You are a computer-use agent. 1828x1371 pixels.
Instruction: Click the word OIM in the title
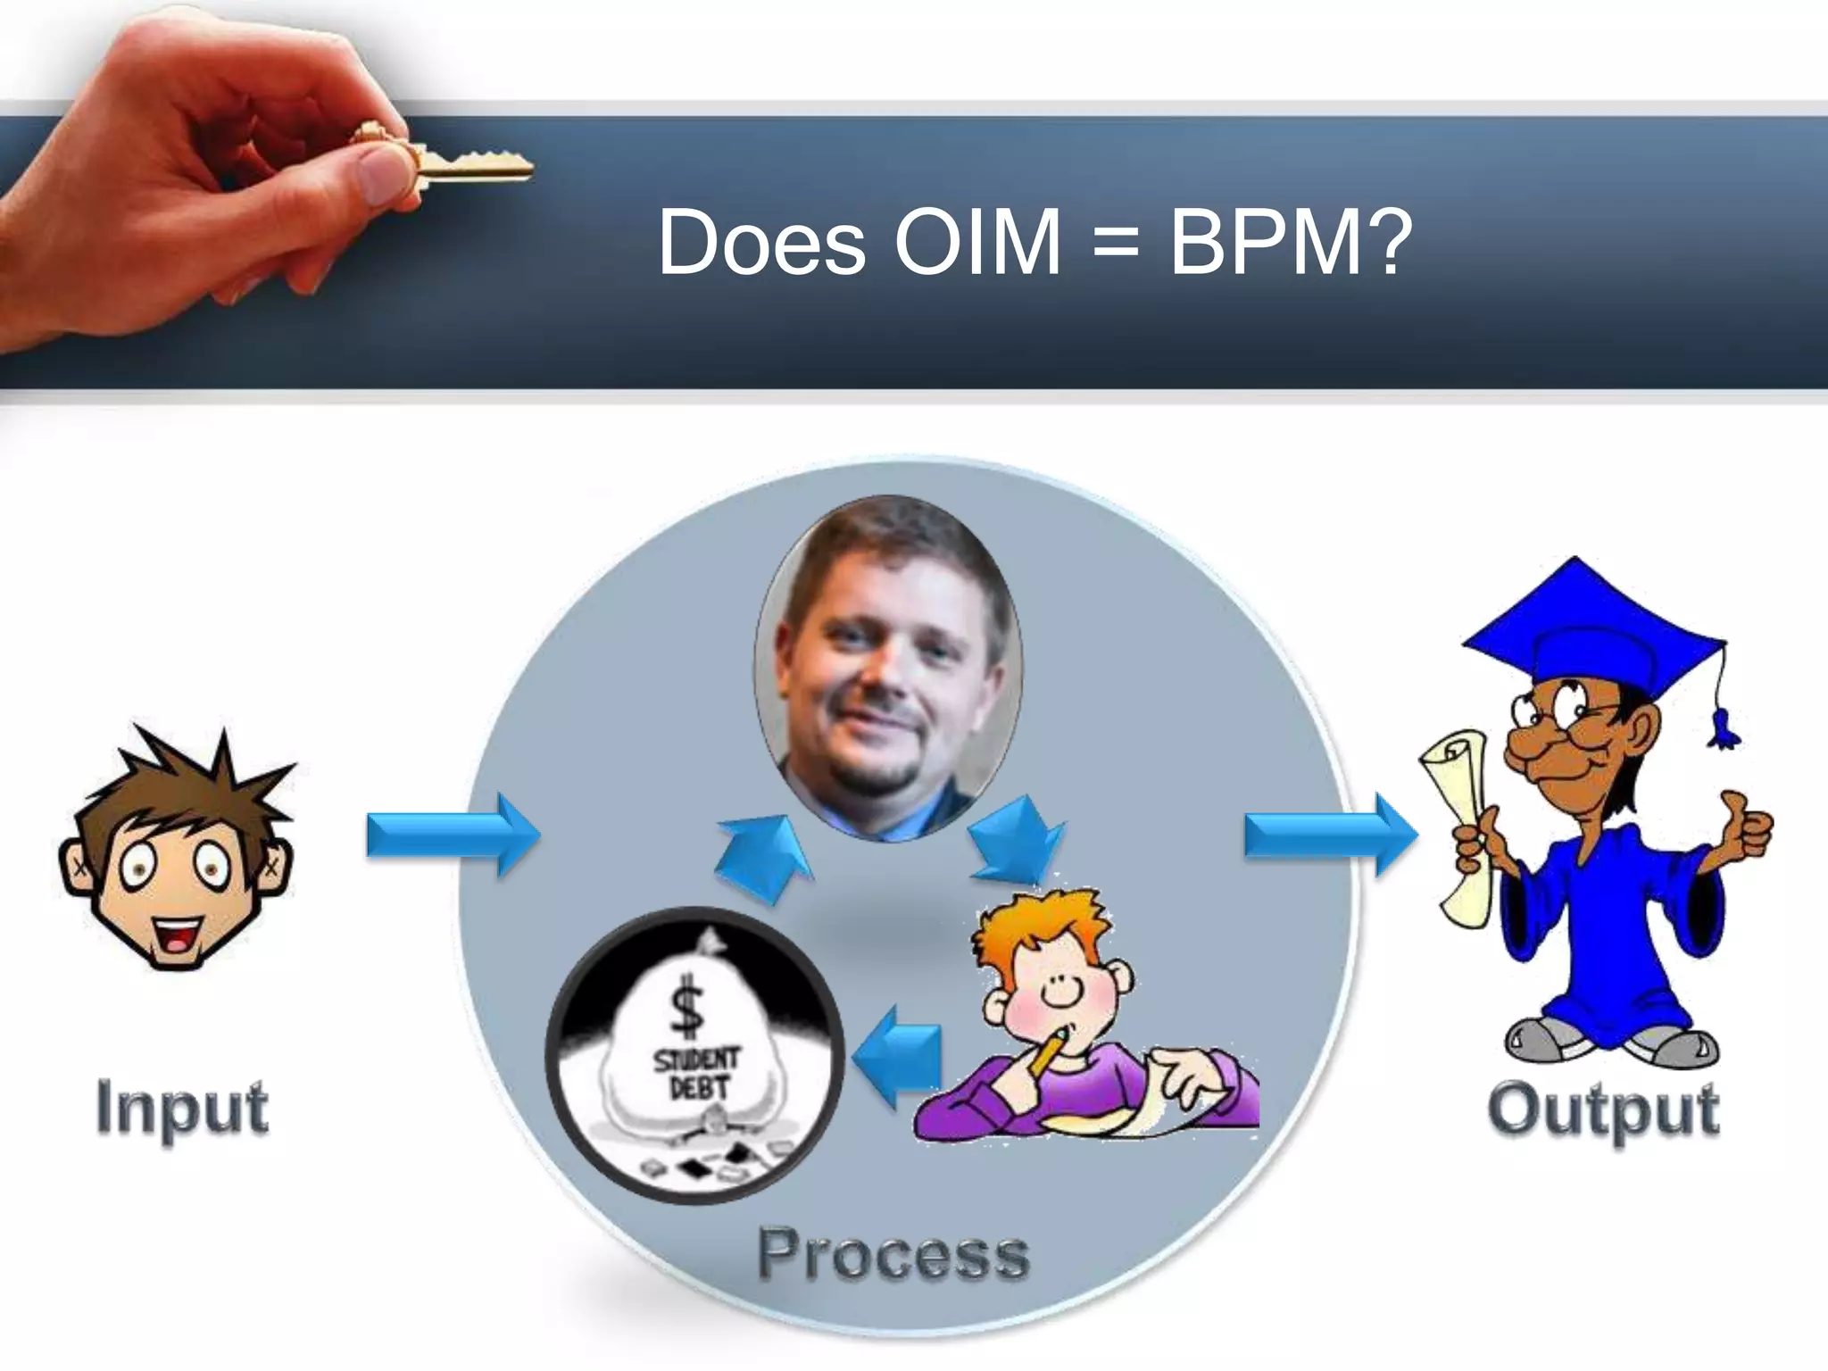977,243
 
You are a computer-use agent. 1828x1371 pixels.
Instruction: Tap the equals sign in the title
1116,243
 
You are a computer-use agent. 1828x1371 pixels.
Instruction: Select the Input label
181,1109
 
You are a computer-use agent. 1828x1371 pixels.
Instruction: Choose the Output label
1602,1110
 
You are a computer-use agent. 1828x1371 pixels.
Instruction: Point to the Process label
893,1254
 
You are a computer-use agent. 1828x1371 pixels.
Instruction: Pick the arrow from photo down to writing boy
1018,839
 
